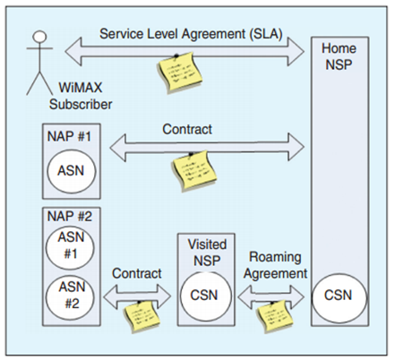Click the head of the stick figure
coord(39,37)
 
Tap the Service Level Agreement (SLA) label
coord(191,34)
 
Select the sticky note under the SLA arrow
coord(179,73)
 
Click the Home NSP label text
coord(339,56)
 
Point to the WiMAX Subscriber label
coord(81,96)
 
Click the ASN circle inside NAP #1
coord(72,171)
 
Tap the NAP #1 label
coord(69,137)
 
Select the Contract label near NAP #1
coord(187,129)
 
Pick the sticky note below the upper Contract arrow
coord(194,170)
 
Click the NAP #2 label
coord(70,217)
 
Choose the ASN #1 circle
coord(70,248)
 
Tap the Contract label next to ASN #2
coord(137,273)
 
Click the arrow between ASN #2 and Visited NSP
coord(137,296)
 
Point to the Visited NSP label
coord(207,253)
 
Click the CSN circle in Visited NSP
coord(206,296)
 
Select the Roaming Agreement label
coord(275,265)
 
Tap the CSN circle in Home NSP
coord(339,296)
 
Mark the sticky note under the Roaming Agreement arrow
coord(275,316)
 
